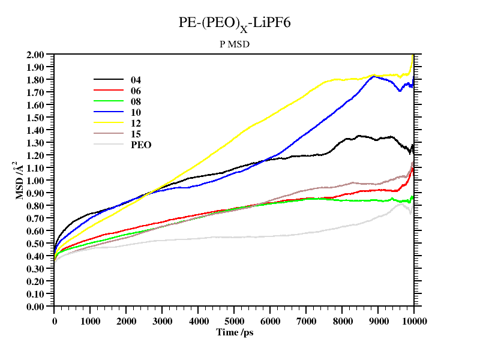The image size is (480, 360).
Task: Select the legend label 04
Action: click(136, 80)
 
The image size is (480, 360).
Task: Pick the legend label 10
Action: click(136, 112)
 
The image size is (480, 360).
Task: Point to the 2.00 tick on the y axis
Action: click(36, 55)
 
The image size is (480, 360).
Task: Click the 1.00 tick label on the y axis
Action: click(36, 181)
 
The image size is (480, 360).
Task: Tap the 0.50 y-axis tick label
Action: click(36, 244)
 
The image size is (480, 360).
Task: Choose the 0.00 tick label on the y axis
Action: click(36, 307)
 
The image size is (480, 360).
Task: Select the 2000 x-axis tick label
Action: click(126, 320)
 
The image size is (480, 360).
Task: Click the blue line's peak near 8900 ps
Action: click(374, 76)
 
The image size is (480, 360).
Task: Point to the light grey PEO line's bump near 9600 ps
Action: click(400, 204)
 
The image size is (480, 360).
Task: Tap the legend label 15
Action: click(136, 134)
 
